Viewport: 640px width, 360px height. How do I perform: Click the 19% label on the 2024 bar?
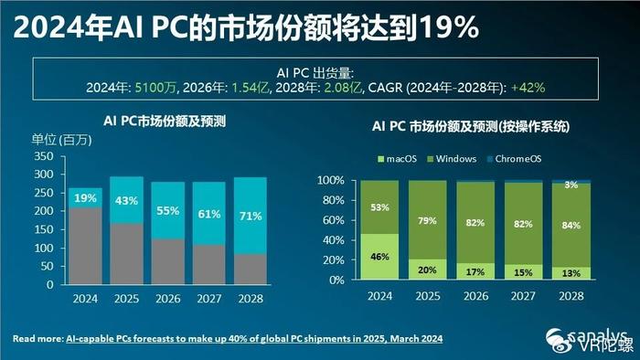(85, 197)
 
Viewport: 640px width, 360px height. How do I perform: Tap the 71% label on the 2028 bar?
(251, 216)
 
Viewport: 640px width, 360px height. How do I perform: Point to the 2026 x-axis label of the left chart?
(168, 297)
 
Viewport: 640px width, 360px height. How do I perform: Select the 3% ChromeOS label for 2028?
(571, 186)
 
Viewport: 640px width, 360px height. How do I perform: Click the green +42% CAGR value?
(529, 87)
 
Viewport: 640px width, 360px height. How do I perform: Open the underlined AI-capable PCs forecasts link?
(255, 339)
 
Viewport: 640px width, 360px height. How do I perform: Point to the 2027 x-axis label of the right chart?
(523, 297)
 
